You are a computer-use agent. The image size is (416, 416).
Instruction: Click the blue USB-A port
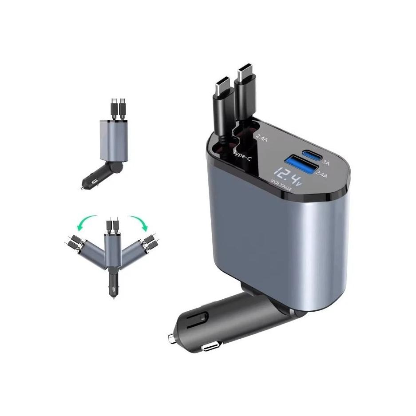click(x=301, y=164)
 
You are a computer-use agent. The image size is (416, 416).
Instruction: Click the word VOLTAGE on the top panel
click(x=281, y=185)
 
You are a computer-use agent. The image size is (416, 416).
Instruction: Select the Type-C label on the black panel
click(x=242, y=156)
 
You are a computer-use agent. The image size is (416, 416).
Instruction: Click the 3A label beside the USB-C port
click(x=326, y=163)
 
